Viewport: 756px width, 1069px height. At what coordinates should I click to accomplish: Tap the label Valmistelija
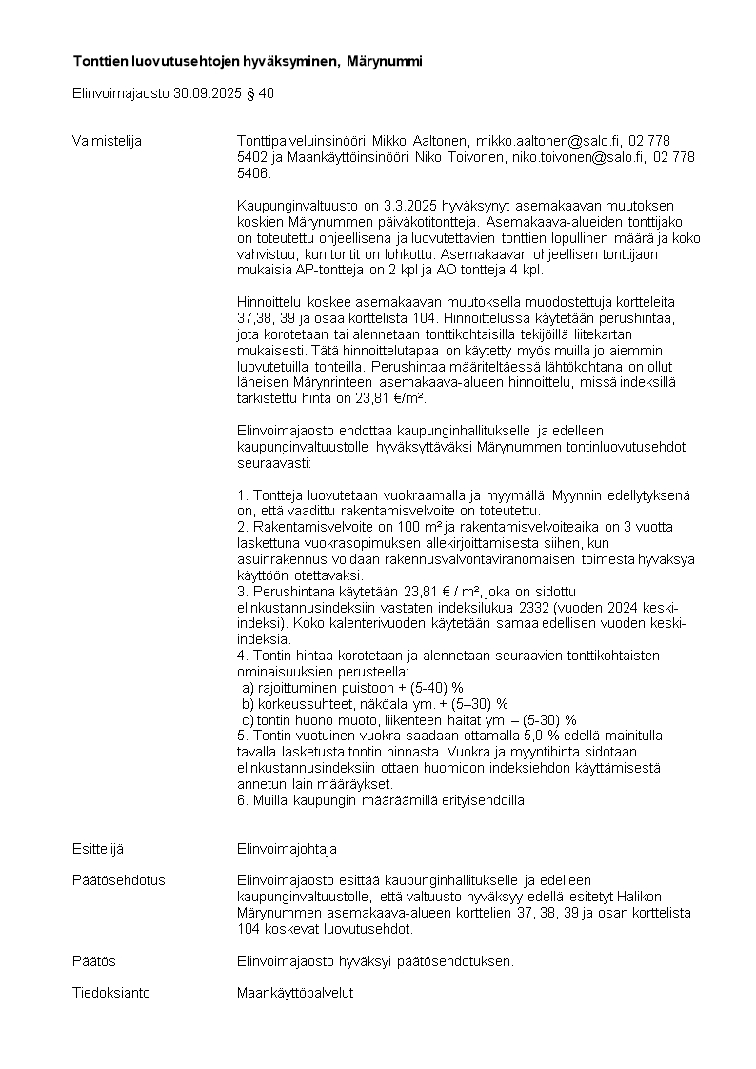[107, 141]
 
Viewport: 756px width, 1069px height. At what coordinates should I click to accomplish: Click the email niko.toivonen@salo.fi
[579, 157]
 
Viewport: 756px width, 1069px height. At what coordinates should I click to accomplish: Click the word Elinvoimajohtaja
[287, 849]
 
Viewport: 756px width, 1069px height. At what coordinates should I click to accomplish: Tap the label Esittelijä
[97, 849]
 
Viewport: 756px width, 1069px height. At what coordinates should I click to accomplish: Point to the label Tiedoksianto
[110, 993]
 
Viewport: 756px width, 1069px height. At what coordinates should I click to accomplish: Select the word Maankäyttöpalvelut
[294, 993]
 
